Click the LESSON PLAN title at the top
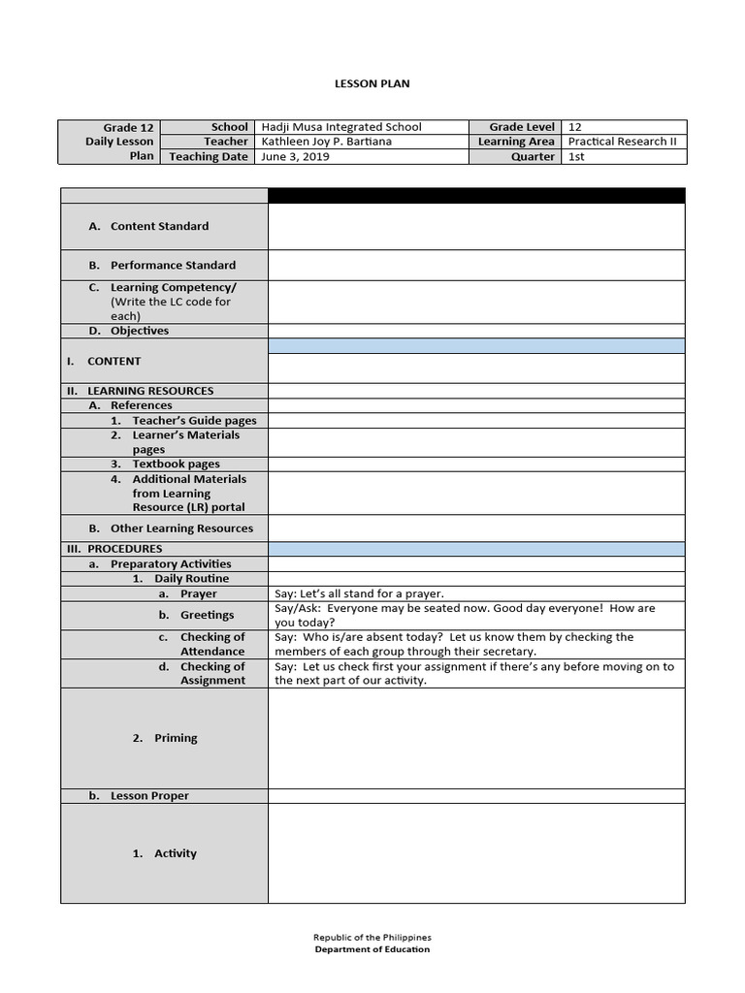[x=372, y=83]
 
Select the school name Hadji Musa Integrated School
[x=341, y=127]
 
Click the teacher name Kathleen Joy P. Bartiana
[x=327, y=142]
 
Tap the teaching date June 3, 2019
[x=296, y=156]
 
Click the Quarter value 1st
[x=576, y=156]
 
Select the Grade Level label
[x=522, y=127]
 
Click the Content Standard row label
[x=159, y=226]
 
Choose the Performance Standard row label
[x=173, y=265]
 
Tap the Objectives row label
[x=139, y=331]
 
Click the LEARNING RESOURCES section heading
[x=150, y=391]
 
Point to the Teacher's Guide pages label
[x=194, y=421]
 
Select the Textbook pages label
[x=176, y=464]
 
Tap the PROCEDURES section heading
[x=124, y=549]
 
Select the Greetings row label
[x=207, y=615]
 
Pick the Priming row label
[x=176, y=738]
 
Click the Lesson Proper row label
[x=149, y=796]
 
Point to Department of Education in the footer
[x=372, y=950]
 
